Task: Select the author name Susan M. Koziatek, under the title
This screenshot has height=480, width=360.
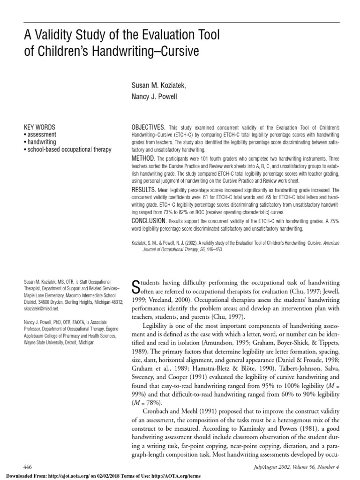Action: pyautogui.click(x=155, y=86)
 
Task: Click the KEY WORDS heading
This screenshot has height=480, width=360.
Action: pyautogui.click(x=39, y=127)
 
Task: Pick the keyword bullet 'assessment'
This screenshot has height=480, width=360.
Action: pyautogui.click(x=42, y=135)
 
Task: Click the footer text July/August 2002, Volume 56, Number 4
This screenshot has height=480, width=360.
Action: pyautogui.click(x=294, y=467)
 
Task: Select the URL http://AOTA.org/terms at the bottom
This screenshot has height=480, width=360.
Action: pyautogui.click(x=180, y=475)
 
